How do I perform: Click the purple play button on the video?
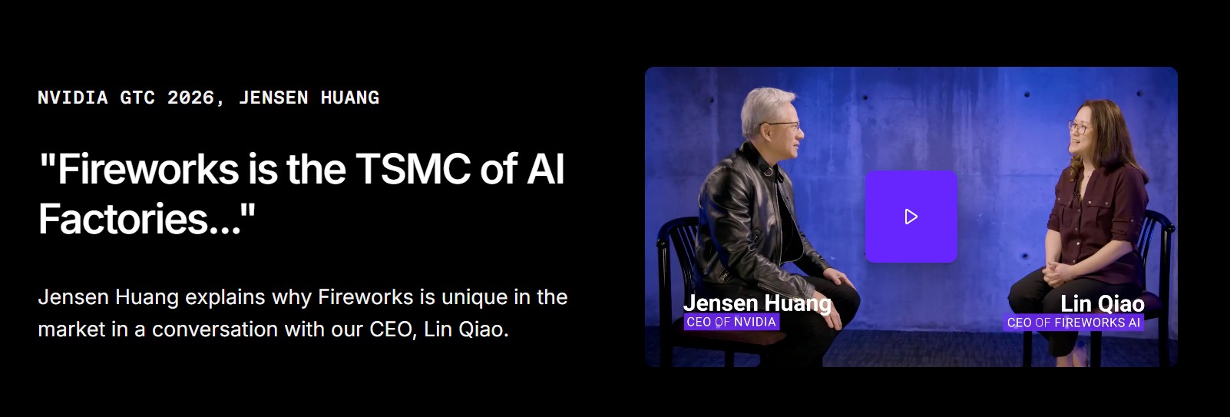911,217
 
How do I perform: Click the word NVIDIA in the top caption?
73,98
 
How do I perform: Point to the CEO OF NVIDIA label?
732,322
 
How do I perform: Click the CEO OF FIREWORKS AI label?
1073,323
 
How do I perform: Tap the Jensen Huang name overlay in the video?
757,303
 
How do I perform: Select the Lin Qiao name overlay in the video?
1102,304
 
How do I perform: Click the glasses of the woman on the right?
1078,127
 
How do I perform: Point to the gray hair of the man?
765,110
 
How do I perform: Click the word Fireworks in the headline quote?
148,169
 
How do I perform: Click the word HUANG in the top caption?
350,98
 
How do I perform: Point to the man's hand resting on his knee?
840,277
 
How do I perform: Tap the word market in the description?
71,329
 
